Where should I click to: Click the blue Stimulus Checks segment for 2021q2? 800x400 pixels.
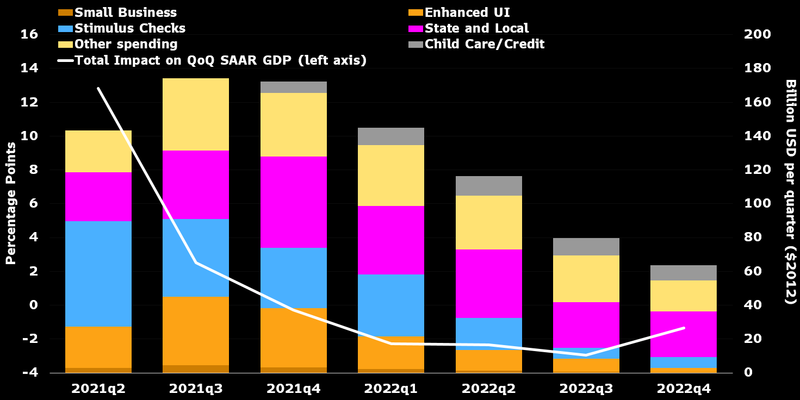coord(98,273)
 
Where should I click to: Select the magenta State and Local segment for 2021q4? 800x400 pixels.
coord(294,202)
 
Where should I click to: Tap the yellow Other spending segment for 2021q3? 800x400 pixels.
coord(196,114)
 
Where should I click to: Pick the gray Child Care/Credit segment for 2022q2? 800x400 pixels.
coord(489,185)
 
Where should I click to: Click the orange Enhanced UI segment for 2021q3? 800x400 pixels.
coord(196,330)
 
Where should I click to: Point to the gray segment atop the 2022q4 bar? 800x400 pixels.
coord(684,272)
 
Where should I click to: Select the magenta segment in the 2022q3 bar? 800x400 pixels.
coord(586,324)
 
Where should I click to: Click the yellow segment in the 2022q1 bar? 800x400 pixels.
coord(391,175)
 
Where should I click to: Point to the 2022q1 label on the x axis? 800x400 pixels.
coord(391,389)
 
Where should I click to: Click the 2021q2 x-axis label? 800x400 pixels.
coord(98,389)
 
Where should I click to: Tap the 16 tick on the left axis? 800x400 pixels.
coord(30,34)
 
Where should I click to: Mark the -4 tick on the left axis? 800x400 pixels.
coord(30,373)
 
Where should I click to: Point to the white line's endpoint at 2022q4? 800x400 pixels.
coord(684,328)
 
